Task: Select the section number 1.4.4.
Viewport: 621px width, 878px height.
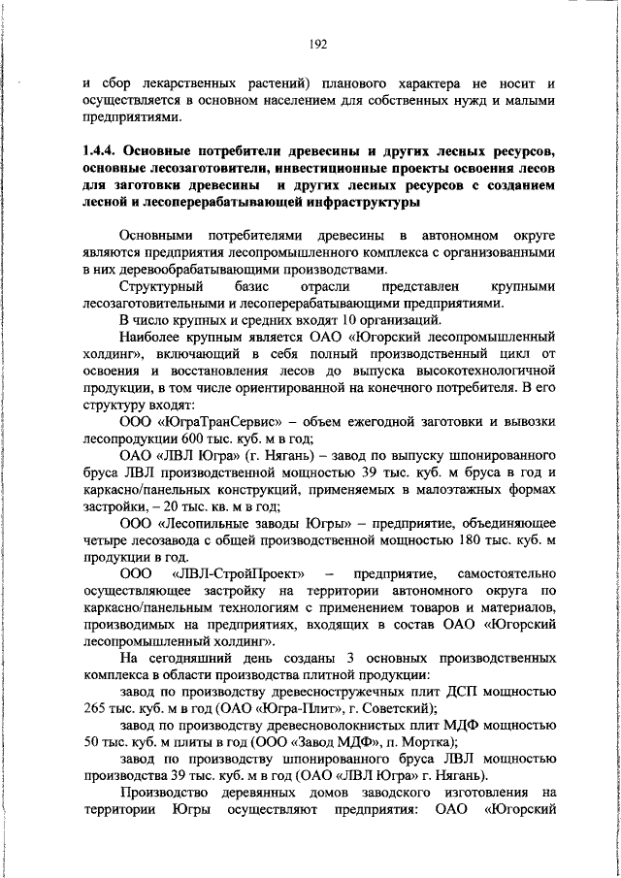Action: pos(101,151)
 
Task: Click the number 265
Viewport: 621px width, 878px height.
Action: pos(95,685)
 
